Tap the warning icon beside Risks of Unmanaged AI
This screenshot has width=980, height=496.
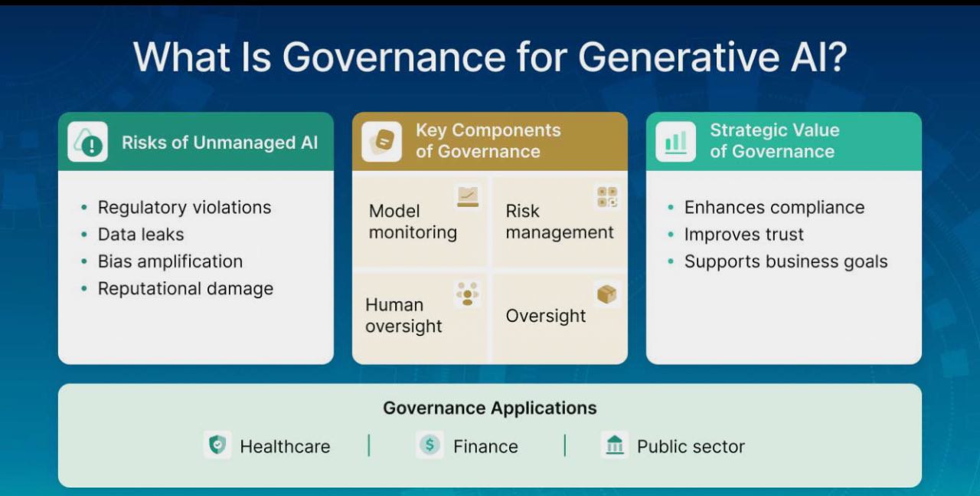pyautogui.click(x=87, y=142)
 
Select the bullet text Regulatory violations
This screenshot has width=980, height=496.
pyautogui.click(x=184, y=208)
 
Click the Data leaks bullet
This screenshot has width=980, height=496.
pyautogui.click(x=141, y=235)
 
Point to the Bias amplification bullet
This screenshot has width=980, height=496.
pyautogui.click(x=170, y=261)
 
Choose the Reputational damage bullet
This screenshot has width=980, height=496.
pyautogui.click(x=185, y=289)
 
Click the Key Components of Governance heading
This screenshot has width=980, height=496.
pyautogui.click(x=488, y=141)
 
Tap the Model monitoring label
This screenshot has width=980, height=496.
pyautogui.click(x=413, y=222)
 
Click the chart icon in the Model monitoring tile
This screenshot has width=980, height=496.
pyautogui.click(x=467, y=196)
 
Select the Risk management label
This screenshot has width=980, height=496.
pyautogui.click(x=559, y=222)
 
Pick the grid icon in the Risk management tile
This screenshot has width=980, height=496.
pyautogui.click(x=607, y=196)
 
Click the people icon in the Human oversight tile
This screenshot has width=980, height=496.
pyautogui.click(x=467, y=294)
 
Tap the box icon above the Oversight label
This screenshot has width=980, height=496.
pyautogui.click(x=607, y=294)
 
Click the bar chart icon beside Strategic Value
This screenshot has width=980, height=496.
pyautogui.click(x=675, y=142)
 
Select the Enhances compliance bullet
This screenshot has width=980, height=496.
pyautogui.click(x=774, y=208)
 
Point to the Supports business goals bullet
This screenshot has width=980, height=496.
pyautogui.click(x=786, y=261)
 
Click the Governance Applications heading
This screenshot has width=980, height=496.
pyautogui.click(x=490, y=408)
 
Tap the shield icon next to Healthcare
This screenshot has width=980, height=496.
pyautogui.click(x=218, y=445)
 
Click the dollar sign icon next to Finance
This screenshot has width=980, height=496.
pyautogui.click(x=430, y=445)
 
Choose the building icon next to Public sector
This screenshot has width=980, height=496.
pyautogui.click(x=615, y=445)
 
